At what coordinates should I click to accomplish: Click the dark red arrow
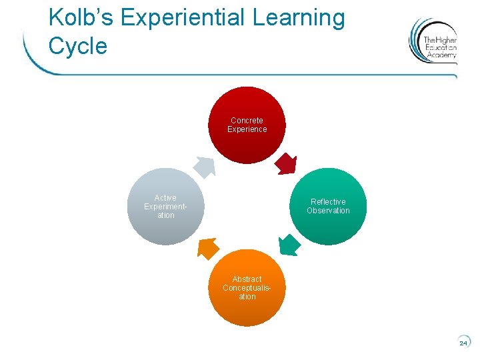[286, 163]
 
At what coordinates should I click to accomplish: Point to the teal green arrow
[289, 245]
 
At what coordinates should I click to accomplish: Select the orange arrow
[208, 248]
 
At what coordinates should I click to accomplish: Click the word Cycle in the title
[77, 46]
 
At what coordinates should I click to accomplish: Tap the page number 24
[463, 343]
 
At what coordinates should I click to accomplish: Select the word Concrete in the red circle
[247, 121]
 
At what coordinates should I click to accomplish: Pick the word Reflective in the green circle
[328, 202]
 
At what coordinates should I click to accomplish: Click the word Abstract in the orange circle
[247, 279]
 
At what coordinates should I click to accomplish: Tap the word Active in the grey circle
[165, 198]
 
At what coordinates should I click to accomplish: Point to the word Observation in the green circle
[328, 211]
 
